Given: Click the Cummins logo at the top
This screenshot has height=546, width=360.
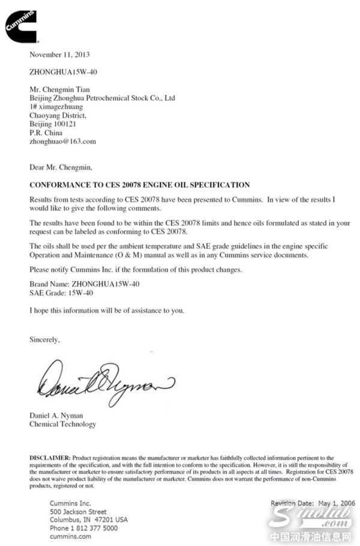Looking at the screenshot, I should coord(22,25).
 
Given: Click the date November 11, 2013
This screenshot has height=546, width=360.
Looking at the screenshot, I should coord(60,55).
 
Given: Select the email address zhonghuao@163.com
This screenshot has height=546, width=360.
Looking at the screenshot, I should coord(63,142).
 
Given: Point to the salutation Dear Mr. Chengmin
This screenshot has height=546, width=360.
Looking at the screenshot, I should coord(61,167).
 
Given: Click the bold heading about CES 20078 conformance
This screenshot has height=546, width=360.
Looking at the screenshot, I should coord(140,185).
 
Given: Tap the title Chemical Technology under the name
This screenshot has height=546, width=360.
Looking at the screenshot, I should coord(62,424).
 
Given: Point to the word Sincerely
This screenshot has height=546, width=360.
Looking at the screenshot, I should coord(45,340).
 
